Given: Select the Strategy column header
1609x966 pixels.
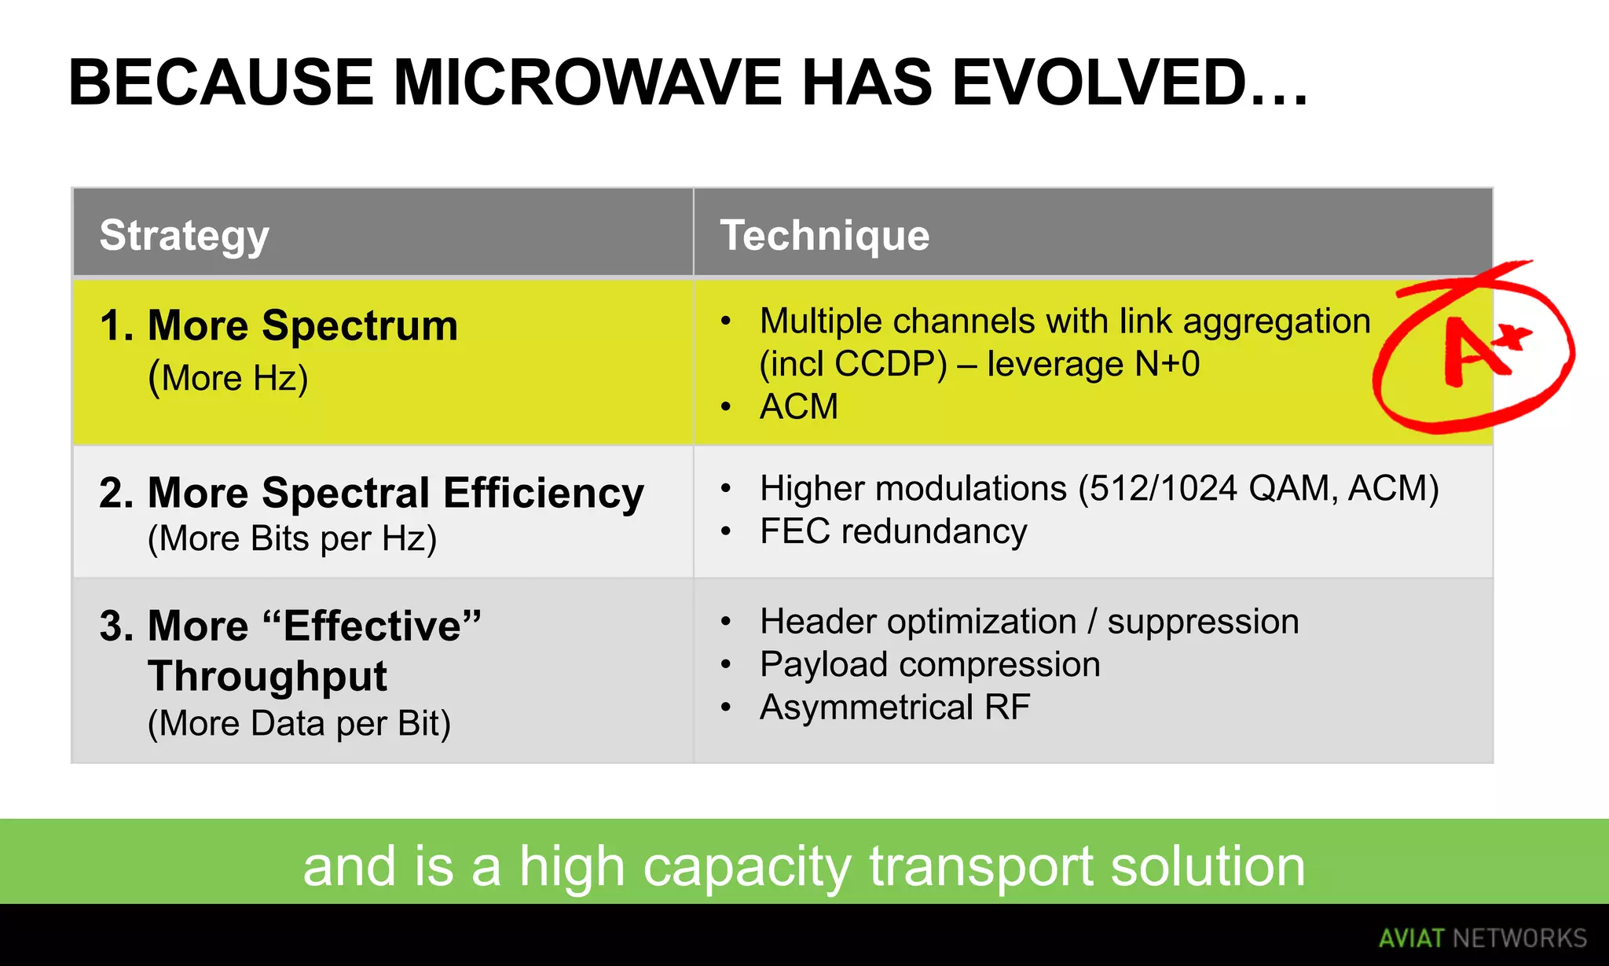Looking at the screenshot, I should click(184, 235).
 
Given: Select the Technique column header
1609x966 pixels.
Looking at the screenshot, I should click(824, 235).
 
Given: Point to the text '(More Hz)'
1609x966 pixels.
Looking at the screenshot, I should click(228, 378).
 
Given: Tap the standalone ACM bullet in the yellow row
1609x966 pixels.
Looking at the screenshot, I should click(798, 407).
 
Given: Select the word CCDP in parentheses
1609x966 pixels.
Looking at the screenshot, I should click(889, 364).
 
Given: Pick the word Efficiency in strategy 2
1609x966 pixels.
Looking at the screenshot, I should click(543, 493).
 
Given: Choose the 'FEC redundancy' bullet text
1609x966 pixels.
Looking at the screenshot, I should click(892, 531).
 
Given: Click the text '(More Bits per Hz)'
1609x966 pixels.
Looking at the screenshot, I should click(291, 539).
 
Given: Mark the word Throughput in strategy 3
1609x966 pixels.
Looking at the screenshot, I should click(267, 676).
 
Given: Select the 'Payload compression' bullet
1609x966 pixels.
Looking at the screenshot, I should click(929, 665).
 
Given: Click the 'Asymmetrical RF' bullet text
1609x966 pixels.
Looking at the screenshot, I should click(894, 707).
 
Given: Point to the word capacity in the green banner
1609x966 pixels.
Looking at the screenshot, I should click(746, 866).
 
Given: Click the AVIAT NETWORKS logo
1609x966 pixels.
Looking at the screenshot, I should click(1482, 938).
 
